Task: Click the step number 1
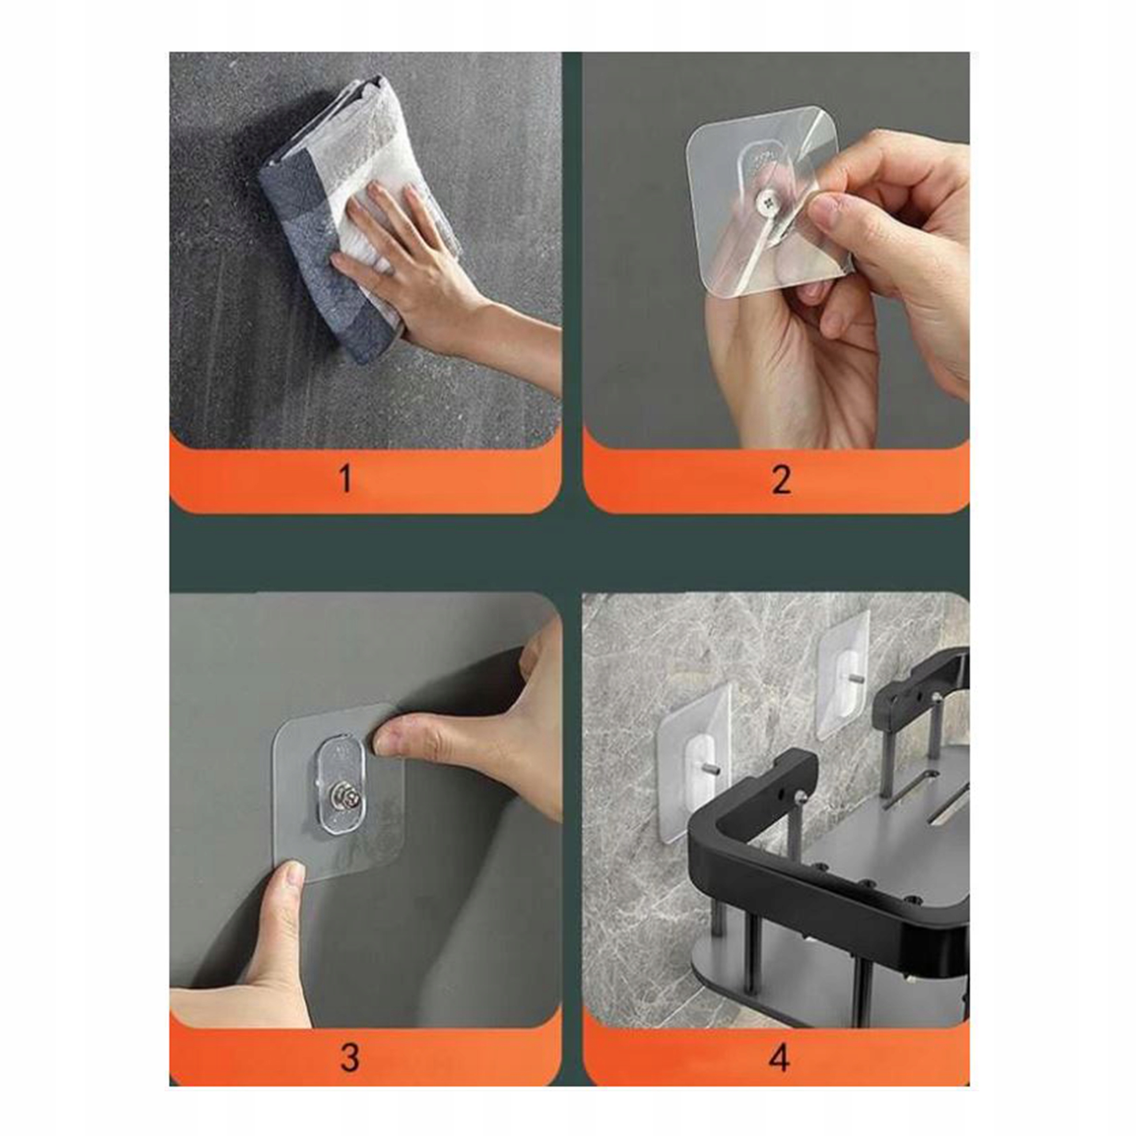point(346,478)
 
